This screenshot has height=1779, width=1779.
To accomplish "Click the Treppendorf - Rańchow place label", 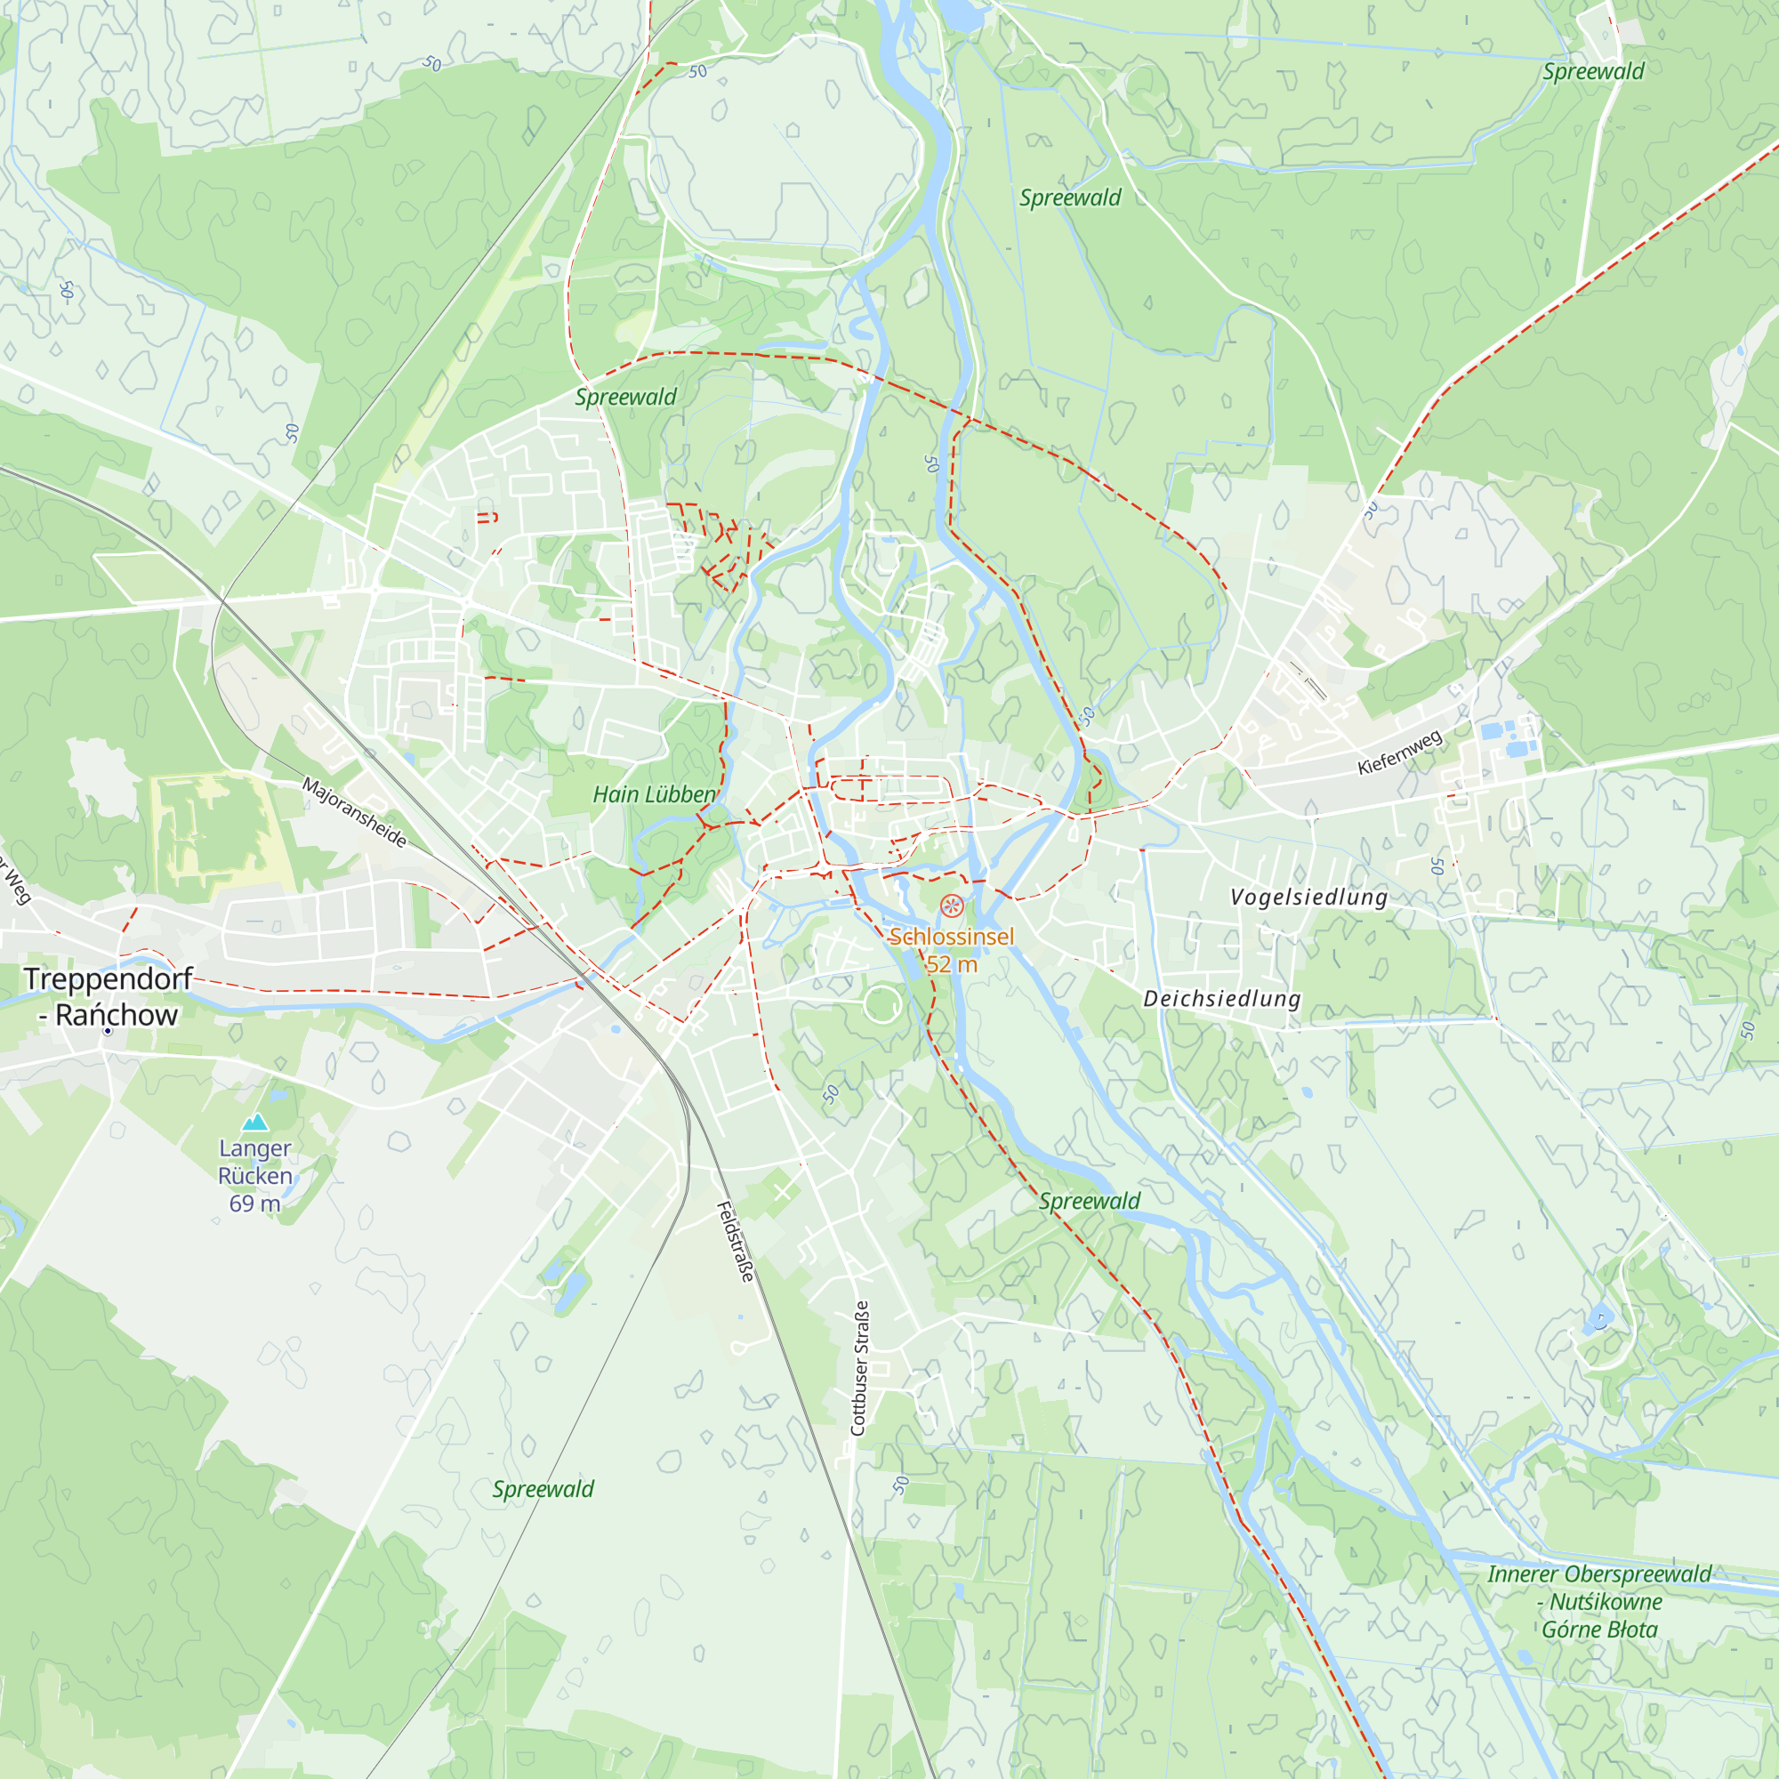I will pyautogui.click(x=108, y=996).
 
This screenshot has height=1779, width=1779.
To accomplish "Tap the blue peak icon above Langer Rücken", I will pyautogui.click(x=254, y=1122).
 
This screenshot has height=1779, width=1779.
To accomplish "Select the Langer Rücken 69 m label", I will pyautogui.click(x=255, y=1176).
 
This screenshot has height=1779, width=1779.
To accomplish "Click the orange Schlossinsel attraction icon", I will pyautogui.click(x=951, y=906).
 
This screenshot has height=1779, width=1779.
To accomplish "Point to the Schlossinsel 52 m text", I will pyautogui.click(x=951, y=950).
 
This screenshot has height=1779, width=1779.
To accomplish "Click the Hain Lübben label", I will pyautogui.click(x=654, y=794).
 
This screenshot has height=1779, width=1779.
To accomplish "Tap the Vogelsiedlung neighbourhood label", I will pyautogui.click(x=1308, y=897).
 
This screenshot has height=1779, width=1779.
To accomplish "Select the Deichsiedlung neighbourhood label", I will pyautogui.click(x=1221, y=998).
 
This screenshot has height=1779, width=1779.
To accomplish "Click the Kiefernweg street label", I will pyautogui.click(x=1399, y=752).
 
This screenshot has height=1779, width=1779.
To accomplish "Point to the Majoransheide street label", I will pyautogui.click(x=355, y=812).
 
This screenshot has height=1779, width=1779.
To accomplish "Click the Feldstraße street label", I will pyautogui.click(x=736, y=1242).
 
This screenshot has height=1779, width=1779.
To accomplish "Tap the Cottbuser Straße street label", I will pyautogui.click(x=859, y=1367).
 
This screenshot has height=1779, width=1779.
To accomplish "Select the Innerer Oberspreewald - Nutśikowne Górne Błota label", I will pyautogui.click(x=1599, y=1601).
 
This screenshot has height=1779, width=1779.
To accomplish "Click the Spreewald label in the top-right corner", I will pyautogui.click(x=1593, y=72).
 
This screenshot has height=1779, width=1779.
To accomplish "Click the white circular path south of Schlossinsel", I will pyautogui.click(x=881, y=1003).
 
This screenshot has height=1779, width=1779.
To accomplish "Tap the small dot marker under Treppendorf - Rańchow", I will pyautogui.click(x=108, y=1031).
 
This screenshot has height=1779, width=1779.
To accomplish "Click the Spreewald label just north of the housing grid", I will pyautogui.click(x=625, y=397).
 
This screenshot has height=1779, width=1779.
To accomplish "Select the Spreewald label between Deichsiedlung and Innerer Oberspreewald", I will pyautogui.click(x=1090, y=1201).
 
